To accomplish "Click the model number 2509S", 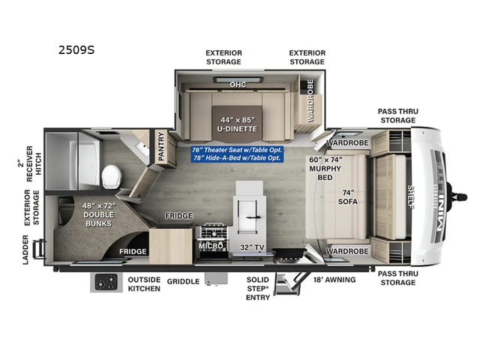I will click(x=76, y=52).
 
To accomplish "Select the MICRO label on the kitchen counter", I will click(x=210, y=246).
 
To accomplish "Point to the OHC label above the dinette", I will click(x=238, y=84).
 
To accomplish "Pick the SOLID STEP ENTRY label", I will click(x=257, y=289).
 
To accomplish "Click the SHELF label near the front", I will click(x=412, y=196).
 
